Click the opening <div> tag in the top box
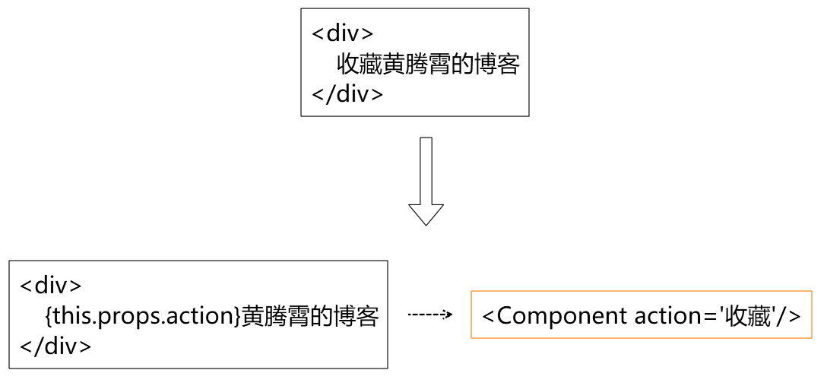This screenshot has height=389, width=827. [x=343, y=34]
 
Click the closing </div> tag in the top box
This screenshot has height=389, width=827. [x=347, y=94]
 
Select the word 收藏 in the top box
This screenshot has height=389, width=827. [x=360, y=65]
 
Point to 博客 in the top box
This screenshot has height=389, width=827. [x=496, y=65]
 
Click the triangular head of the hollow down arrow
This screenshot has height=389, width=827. [x=426, y=213]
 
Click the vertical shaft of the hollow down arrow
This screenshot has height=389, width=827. [x=426, y=170]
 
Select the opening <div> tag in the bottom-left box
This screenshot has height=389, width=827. [x=51, y=286]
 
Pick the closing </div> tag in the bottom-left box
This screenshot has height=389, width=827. [x=55, y=346]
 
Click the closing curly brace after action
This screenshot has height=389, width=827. [x=237, y=317]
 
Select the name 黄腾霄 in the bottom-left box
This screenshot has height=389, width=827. [x=276, y=317]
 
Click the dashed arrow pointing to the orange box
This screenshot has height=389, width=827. [x=430, y=314]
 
